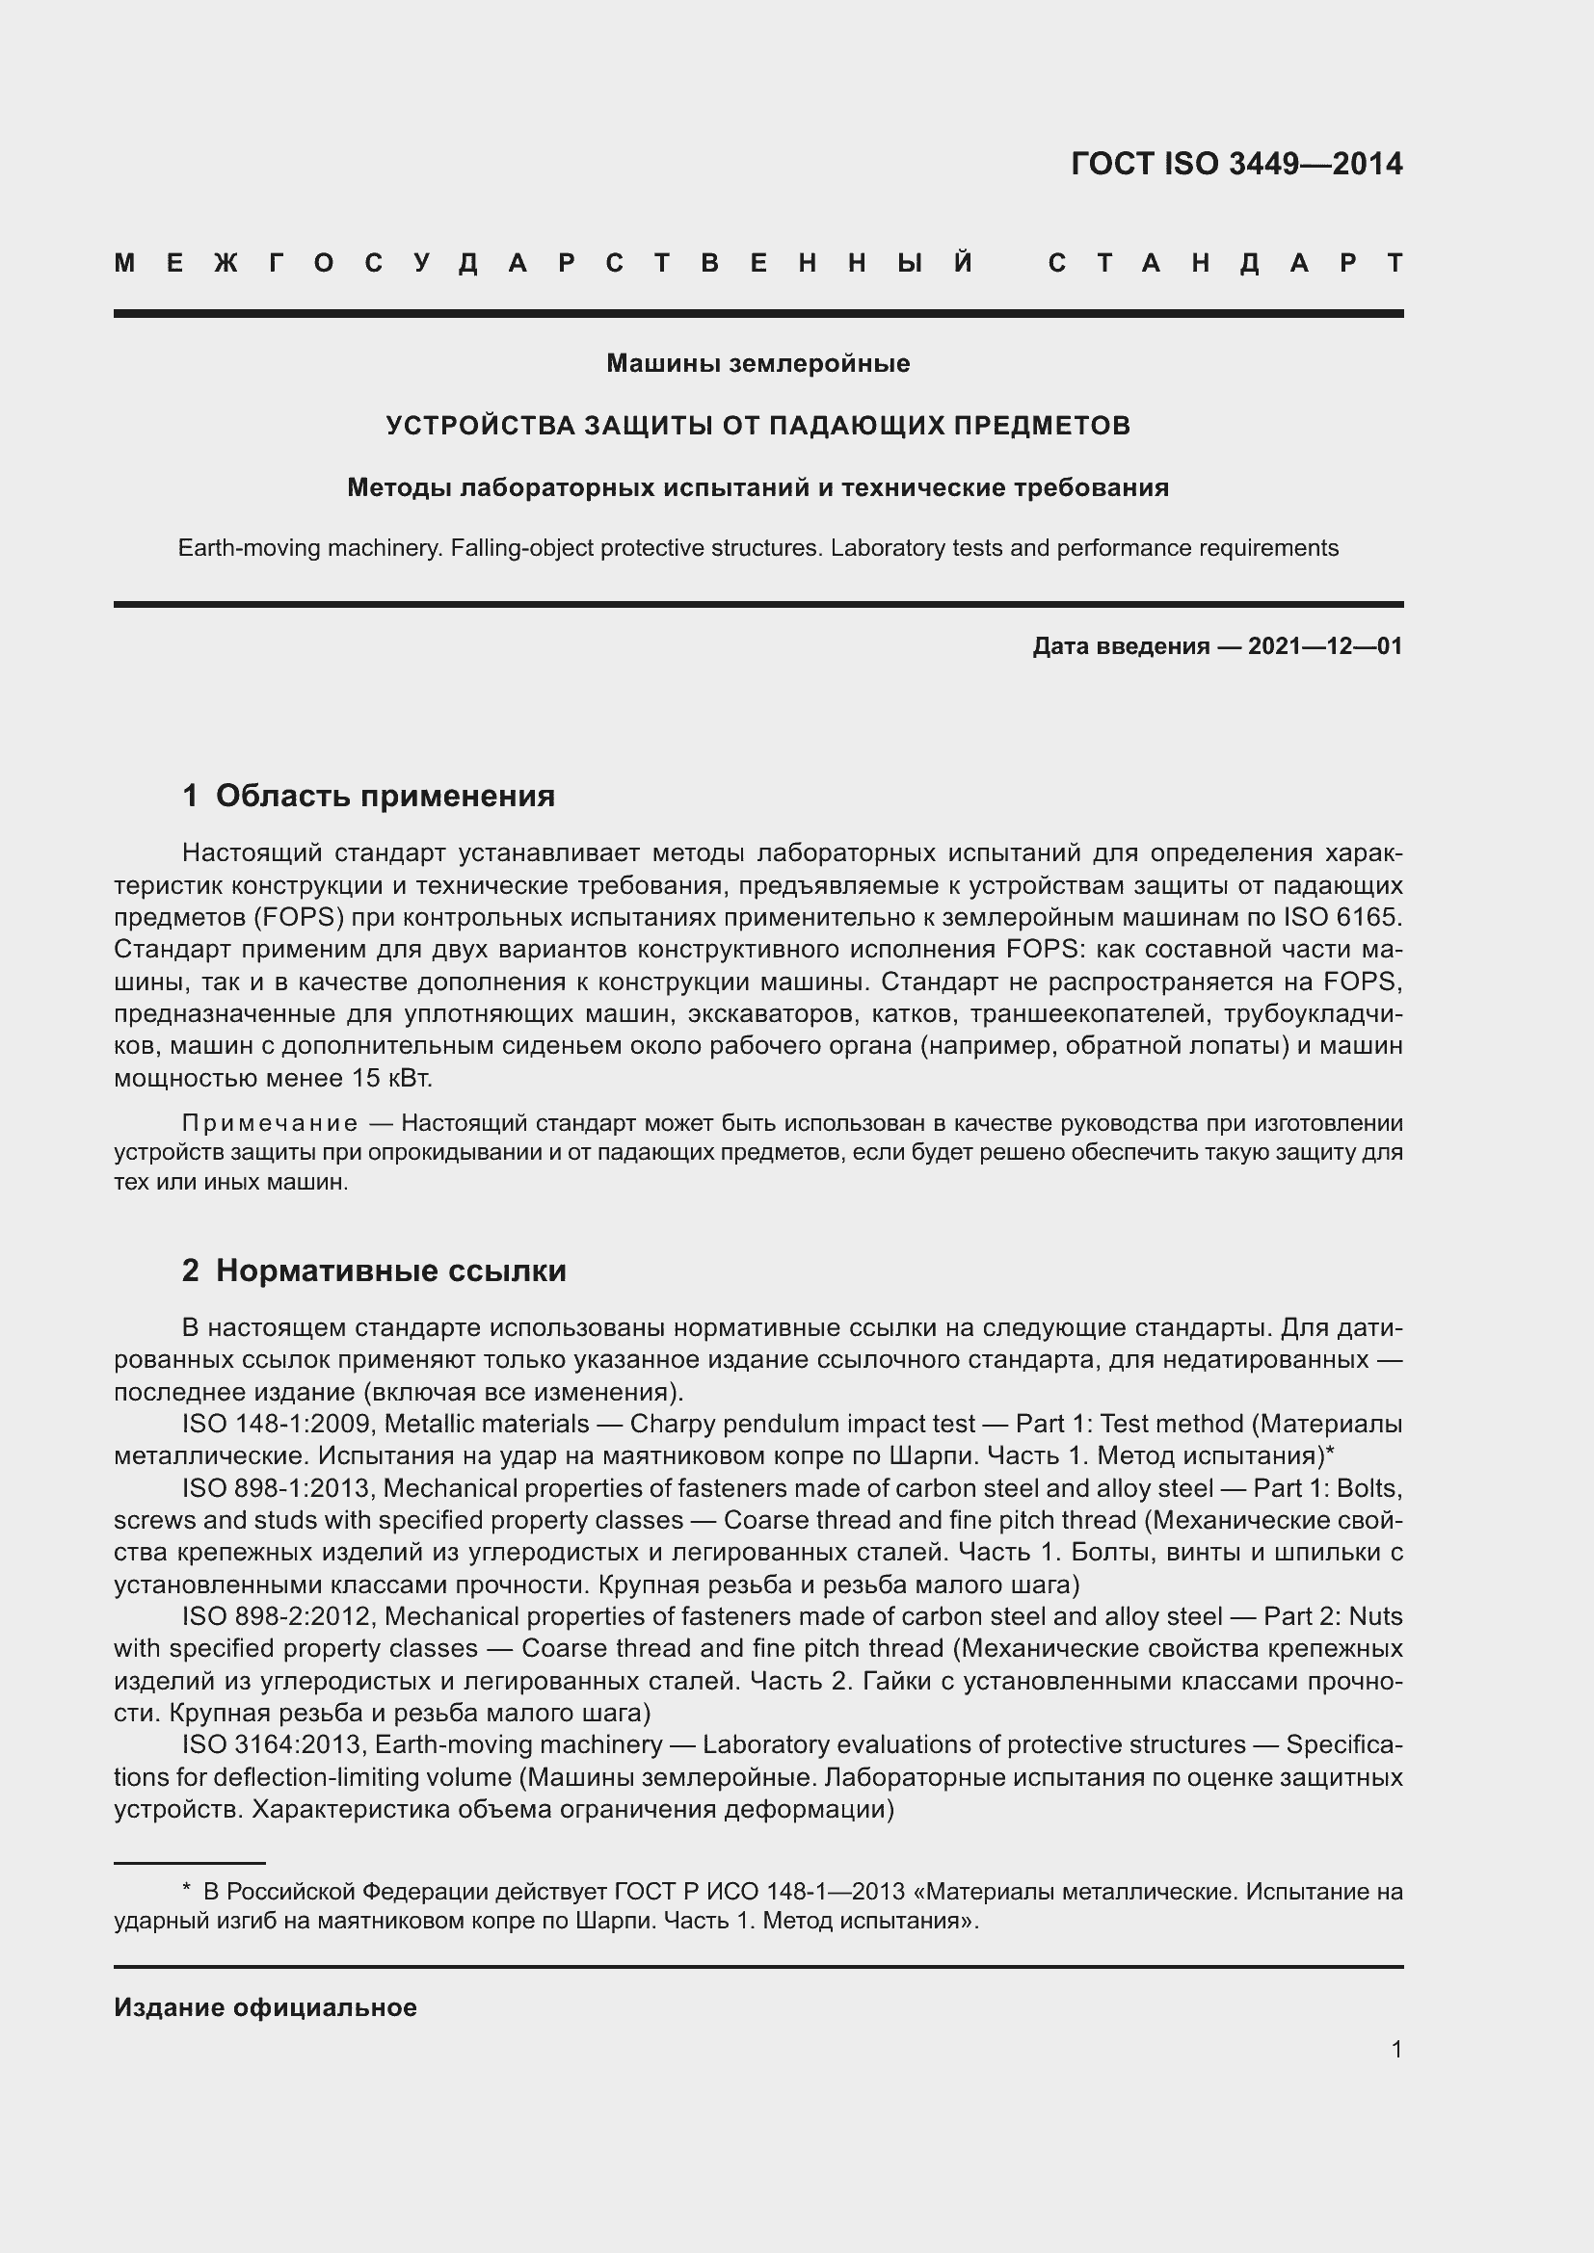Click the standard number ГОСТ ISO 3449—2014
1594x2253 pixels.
click(1235, 164)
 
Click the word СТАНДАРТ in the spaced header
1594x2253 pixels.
click(1225, 263)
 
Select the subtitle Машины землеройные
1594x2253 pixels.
click(757, 363)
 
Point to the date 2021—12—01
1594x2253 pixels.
click(1324, 645)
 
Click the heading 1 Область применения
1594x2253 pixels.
click(368, 796)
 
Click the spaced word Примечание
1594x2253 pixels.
click(270, 1122)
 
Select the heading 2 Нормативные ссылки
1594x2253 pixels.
click(374, 1271)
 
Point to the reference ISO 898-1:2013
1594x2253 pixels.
click(276, 1488)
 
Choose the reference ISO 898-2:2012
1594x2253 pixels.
click(276, 1616)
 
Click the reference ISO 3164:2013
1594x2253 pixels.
click(272, 1744)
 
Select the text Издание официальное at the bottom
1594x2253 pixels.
click(265, 2007)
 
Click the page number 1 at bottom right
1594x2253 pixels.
click(1395, 2049)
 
